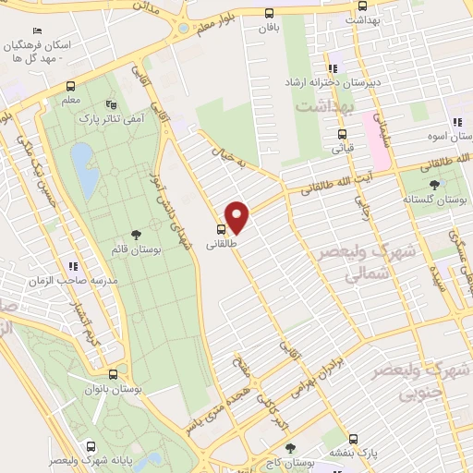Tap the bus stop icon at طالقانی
tap(222, 228)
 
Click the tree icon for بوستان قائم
tap(137, 234)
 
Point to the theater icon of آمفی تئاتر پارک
tap(112, 105)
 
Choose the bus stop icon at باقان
tap(269, 13)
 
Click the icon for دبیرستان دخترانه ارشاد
tap(333, 67)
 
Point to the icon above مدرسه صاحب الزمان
tap(74, 266)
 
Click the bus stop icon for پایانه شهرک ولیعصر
tap(89, 443)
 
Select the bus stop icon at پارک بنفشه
tap(352, 440)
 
